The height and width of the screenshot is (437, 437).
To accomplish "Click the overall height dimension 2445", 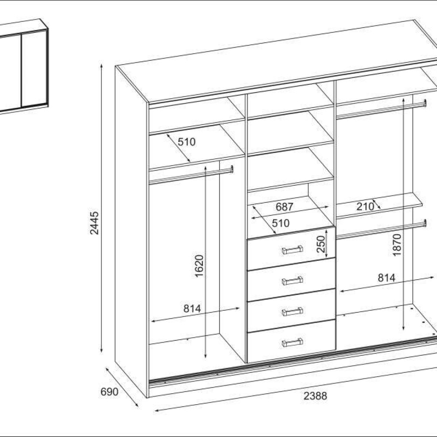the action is (95, 223).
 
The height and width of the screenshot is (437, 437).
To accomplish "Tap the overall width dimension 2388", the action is (315, 395).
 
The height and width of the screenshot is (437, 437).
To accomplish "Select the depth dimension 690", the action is (109, 392).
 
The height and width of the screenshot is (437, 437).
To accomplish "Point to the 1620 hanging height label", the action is (199, 266).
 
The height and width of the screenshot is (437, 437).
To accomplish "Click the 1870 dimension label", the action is (397, 245).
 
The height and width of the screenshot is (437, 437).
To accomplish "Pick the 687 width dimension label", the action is (284, 207).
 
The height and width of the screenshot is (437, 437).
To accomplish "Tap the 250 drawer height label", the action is (321, 244).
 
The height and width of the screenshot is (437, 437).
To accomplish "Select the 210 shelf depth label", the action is (365, 207).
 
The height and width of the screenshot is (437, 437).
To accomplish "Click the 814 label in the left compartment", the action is (192, 309).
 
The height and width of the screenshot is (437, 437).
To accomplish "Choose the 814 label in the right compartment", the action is (386, 277).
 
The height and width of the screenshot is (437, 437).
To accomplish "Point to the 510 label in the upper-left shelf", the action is (187, 142).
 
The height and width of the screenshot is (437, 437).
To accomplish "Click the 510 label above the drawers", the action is (281, 223).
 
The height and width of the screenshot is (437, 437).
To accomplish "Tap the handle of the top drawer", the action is (292, 250).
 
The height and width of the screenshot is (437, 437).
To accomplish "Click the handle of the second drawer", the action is (292, 281).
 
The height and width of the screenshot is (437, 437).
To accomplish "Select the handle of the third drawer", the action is (292, 312).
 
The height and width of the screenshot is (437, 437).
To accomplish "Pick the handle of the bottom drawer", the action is (292, 343).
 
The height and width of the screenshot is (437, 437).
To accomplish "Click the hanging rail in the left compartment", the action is (191, 176).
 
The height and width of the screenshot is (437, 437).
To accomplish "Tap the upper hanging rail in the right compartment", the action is (381, 109).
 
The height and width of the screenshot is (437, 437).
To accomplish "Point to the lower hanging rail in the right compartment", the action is (381, 229).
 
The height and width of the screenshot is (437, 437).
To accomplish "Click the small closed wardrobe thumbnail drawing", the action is (24, 67).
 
